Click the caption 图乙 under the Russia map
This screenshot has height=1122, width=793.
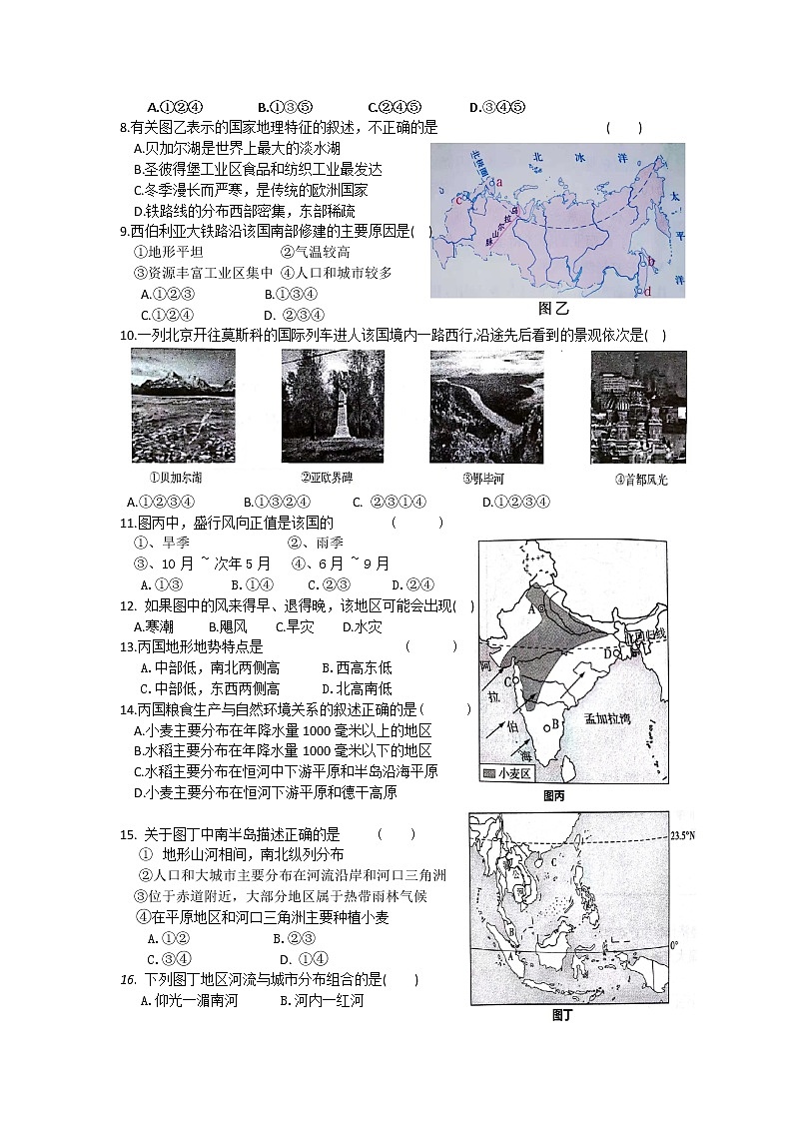tap(552, 308)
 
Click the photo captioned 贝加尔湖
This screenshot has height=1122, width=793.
tap(184, 407)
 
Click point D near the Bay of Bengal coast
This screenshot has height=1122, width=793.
tap(606, 653)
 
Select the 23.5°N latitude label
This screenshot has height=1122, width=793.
tap(682, 835)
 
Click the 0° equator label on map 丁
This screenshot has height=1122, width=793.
tap(674, 944)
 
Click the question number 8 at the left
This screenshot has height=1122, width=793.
tap(123, 128)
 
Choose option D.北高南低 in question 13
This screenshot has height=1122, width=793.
tap(357, 688)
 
